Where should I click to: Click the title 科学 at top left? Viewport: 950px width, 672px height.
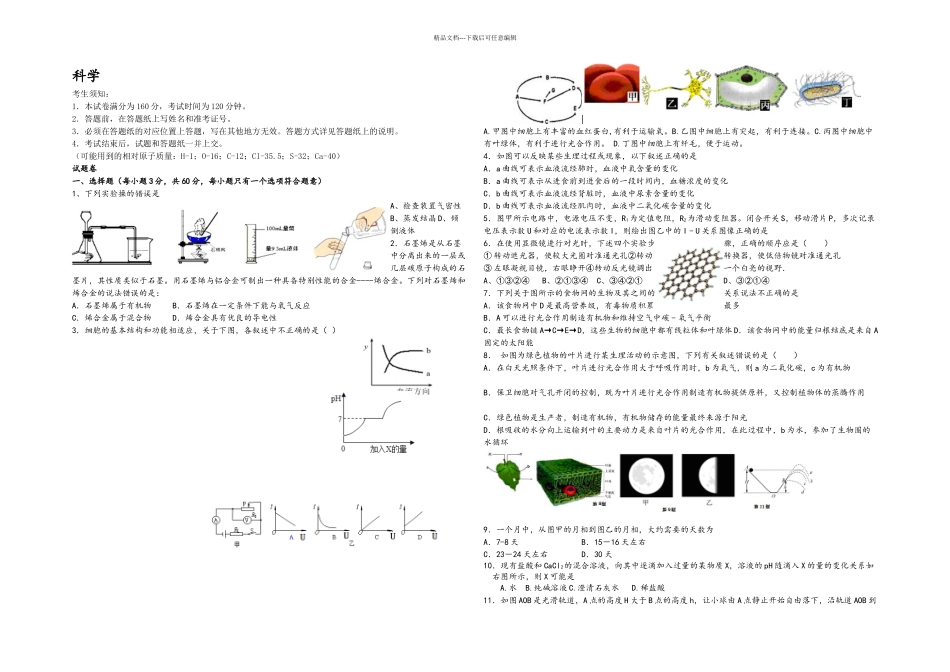(x=86, y=77)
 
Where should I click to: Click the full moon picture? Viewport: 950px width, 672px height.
(x=644, y=475)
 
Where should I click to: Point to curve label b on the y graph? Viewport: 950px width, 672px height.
(x=427, y=351)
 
